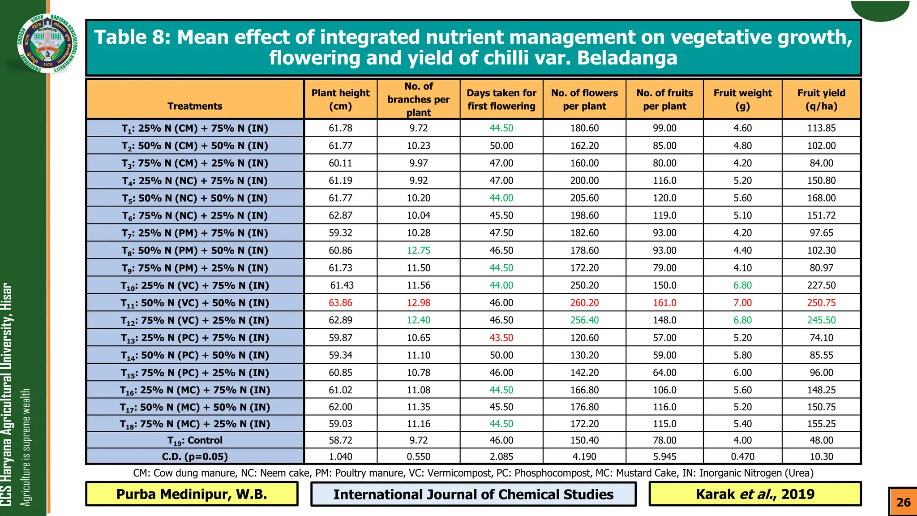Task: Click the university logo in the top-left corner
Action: (x=47, y=43)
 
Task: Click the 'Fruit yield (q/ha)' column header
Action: (x=821, y=99)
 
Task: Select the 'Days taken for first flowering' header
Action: (x=501, y=99)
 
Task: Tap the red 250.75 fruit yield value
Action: (x=821, y=303)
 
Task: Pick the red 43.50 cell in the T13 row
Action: (x=501, y=338)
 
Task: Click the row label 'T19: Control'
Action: (x=195, y=441)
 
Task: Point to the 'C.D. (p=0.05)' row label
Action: (x=195, y=457)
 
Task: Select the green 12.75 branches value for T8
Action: (x=418, y=250)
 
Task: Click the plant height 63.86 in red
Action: (x=340, y=303)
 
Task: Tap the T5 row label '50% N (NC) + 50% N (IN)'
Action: (x=195, y=198)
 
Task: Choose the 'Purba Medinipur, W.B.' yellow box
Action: (x=192, y=494)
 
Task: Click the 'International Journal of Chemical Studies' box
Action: (x=473, y=494)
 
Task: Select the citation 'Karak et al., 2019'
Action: (x=755, y=494)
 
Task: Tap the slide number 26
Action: (x=903, y=502)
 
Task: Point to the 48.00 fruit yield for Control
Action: (x=821, y=440)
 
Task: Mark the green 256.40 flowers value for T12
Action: (x=584, y=320)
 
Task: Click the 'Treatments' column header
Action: (x=195, y=106)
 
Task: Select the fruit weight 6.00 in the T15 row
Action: (x=742, y=373)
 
